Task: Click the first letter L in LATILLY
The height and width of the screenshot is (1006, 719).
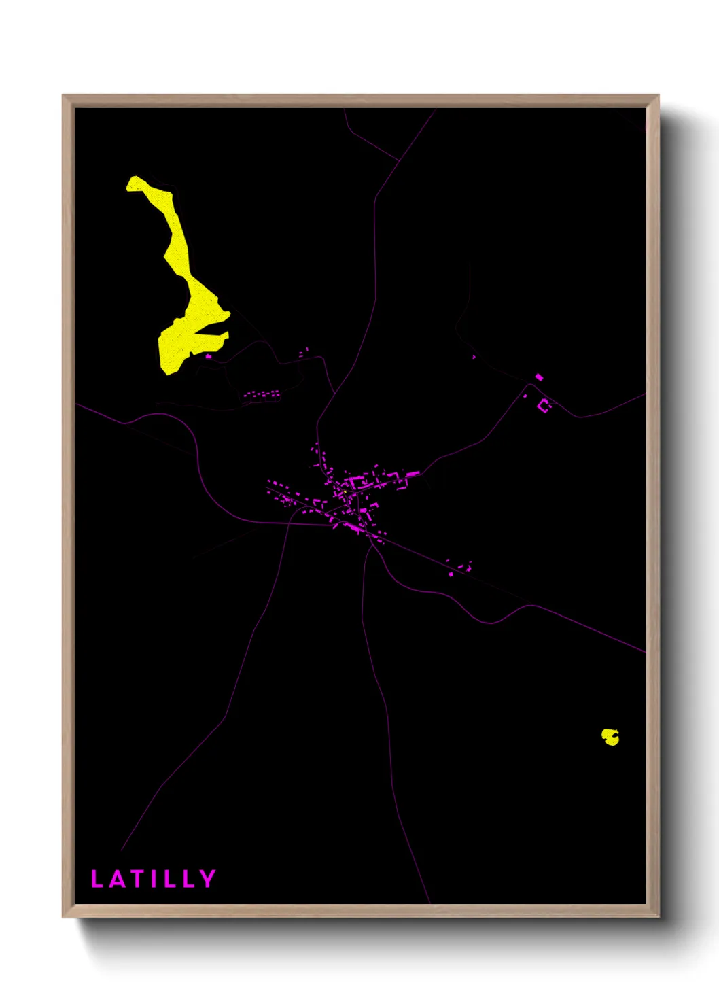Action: click(x=97, y=879)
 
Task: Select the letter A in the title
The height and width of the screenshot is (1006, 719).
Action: click(x=117, y=879)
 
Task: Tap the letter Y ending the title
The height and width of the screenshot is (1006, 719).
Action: click(x=207, y=879)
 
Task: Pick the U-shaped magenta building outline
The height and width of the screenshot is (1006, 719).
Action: click(x=544, y=406)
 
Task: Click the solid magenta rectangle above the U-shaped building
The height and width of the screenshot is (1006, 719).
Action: click(x=539, y=377)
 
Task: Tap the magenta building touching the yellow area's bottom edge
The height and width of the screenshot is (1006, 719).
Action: click(x=208, y=355)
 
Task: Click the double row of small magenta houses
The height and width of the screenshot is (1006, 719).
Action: click(x=262, y=396)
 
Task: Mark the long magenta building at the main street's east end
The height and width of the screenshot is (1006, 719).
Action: click(x=411, y=473)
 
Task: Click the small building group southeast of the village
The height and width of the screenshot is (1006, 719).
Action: click(x=460, y=568)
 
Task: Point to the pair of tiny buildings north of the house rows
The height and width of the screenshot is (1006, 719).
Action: click(x=303, y=352)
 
